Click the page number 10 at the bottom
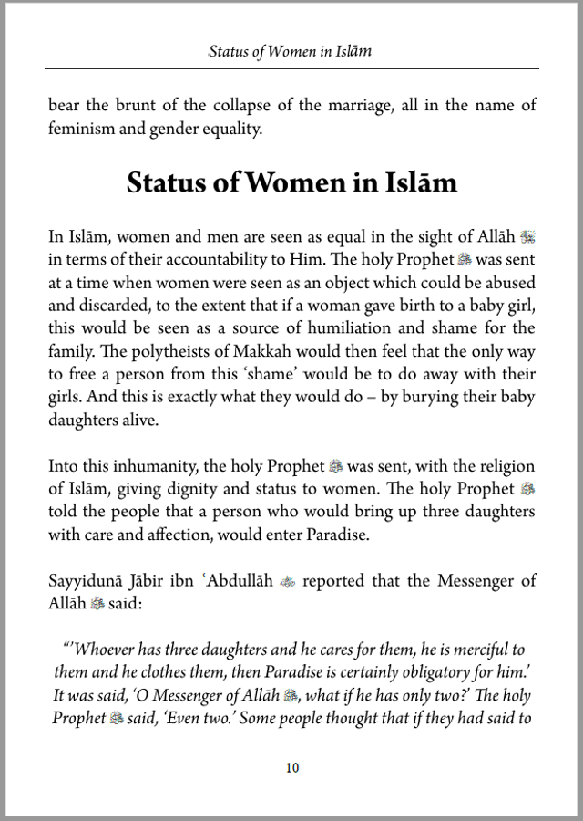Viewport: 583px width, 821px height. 291,768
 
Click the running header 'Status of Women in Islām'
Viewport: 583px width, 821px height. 291,51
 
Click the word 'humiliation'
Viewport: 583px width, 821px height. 401,327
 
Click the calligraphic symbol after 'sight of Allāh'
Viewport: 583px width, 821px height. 527,237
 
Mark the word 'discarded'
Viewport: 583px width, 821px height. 83,305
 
